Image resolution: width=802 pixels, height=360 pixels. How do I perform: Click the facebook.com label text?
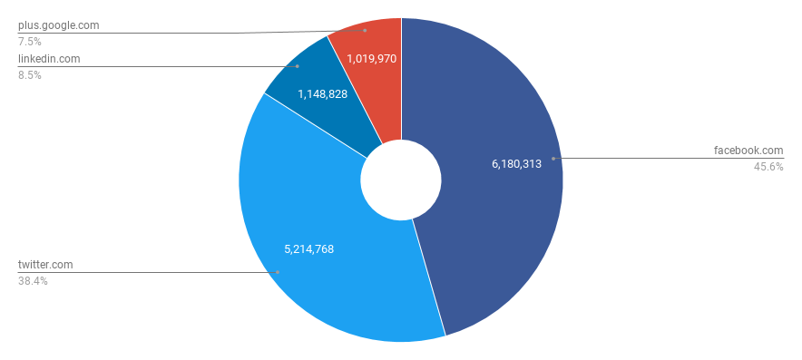coord(748,151)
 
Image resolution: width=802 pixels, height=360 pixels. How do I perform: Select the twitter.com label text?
coord(45,265)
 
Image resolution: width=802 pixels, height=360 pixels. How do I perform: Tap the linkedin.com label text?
coord(49,59)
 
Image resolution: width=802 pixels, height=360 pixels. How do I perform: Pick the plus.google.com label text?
coord(58,25)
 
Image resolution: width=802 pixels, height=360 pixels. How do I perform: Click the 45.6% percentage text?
coord(768,167)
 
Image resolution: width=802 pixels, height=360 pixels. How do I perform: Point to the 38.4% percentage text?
coord(33,281)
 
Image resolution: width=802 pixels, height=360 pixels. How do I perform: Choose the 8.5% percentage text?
coord(30,75)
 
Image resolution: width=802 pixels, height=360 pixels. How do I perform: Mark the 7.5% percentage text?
coord(30,42)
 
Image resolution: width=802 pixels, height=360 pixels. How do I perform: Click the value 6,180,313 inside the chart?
coord(516,164)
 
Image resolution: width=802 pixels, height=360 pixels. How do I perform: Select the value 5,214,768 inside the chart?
coord(309,248)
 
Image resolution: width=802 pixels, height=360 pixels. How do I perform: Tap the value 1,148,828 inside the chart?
coord(322,93)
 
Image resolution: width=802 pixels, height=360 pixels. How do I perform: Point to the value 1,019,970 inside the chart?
coord(372,59)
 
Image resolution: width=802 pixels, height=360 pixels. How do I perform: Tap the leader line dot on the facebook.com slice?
coord(553,158)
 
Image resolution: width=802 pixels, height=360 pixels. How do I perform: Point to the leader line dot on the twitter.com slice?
coord(278,272)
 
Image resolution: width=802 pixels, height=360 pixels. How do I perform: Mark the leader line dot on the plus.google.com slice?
coord(365,30)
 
